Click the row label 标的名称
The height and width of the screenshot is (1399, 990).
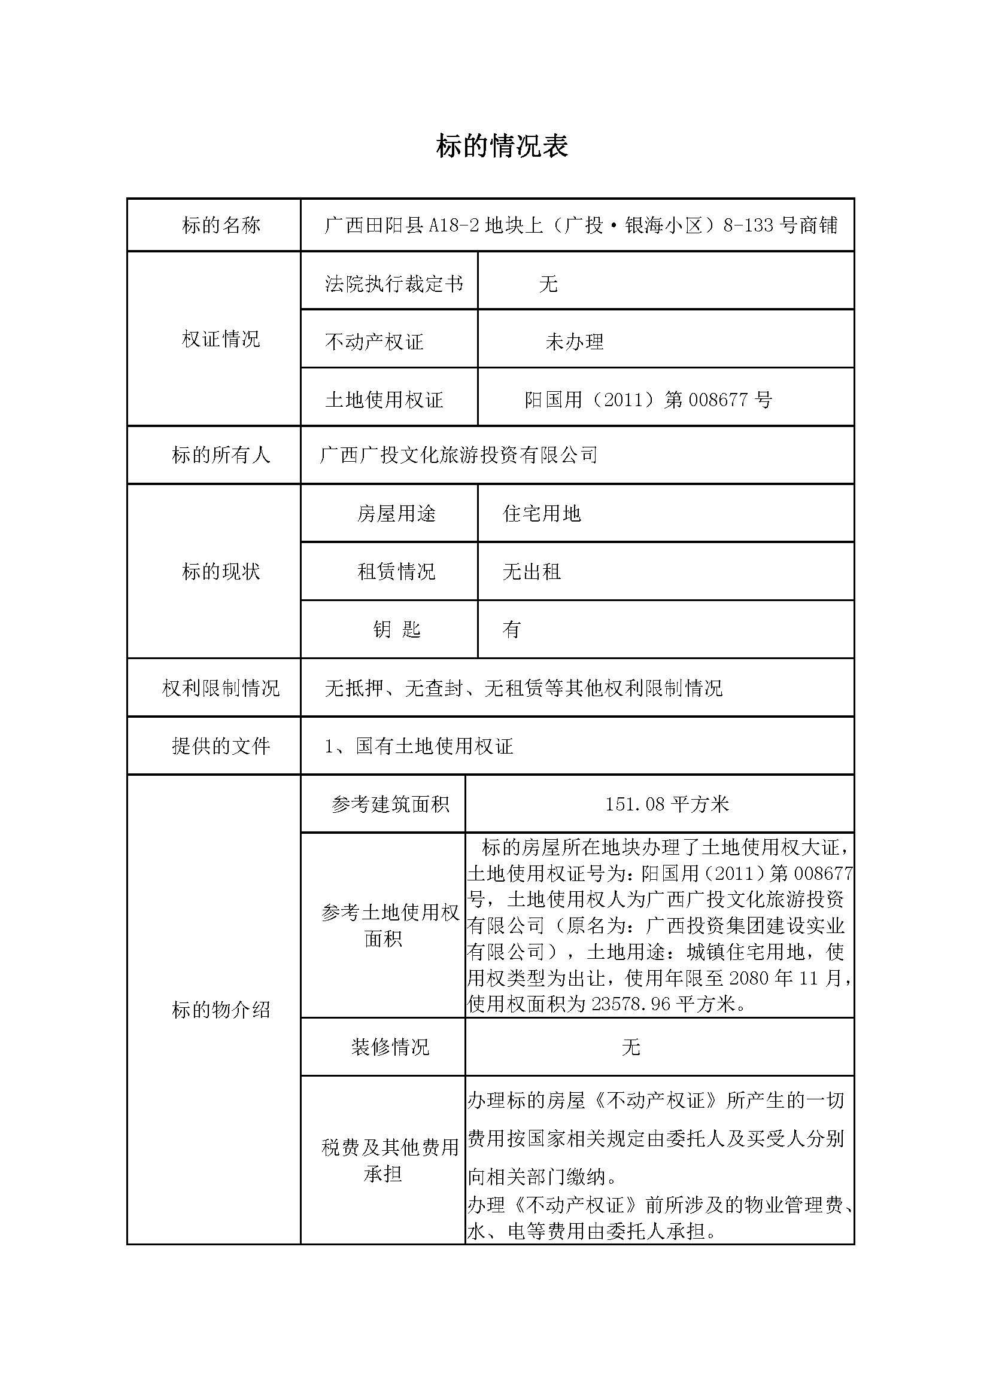tap(221, 225)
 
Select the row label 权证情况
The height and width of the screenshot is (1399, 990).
tap(221, 339)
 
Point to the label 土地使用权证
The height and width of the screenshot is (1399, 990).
tap(384, 400)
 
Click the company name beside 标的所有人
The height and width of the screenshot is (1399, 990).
tap(458, 455)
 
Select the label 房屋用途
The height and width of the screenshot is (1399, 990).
tap(396, 514)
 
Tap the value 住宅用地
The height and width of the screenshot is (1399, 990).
tap(541, 514)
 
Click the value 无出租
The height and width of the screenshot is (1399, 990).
tap(531, 572)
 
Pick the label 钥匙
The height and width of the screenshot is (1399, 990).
tap(396, 629)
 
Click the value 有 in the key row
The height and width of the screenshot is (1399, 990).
tap(511, 629)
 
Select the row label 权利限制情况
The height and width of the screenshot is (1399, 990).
tap(221, 688)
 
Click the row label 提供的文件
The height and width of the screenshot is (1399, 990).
tap(221, 746)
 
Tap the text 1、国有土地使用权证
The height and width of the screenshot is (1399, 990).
tap(419, 746)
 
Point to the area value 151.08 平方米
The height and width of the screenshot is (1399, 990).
tap(667, 804)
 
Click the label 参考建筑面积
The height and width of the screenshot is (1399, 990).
tap(390, 804)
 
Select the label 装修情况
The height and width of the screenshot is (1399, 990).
tap(390, 1047)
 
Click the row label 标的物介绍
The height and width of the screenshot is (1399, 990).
tap(221, 1010)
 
